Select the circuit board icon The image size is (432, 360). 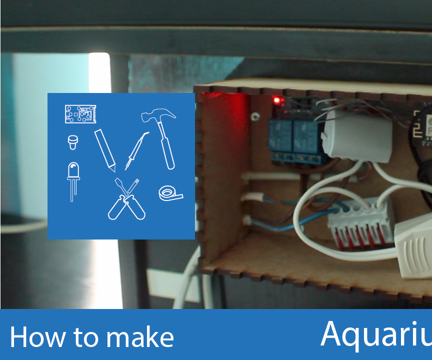(79, 114)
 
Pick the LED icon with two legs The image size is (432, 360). (73, 180)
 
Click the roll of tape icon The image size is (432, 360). (170, 193)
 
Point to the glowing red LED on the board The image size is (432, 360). (277, 101)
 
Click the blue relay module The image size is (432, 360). (295, 138)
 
